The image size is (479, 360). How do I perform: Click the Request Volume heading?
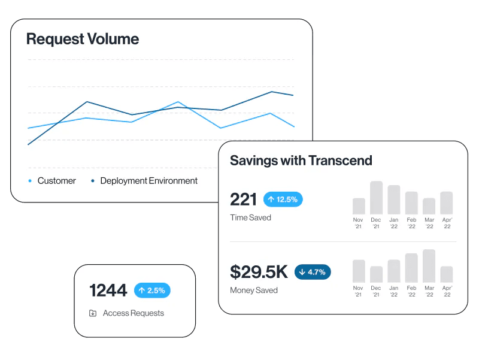click(83, 40)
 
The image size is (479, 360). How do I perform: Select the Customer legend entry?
click(56, 181)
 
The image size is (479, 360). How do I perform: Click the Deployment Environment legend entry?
click(148, 181)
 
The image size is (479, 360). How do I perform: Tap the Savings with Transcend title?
click(301, 161)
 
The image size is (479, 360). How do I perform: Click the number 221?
click(243, 199)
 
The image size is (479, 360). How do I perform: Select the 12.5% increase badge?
click(283, 199)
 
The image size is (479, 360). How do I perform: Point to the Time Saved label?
click(250, 217)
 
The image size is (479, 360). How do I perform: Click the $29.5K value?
click(259, 272)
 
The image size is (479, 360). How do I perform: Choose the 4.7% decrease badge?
click(313, 272)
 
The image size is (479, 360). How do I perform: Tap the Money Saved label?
click(254, 291)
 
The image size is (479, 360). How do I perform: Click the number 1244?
click(108, 291)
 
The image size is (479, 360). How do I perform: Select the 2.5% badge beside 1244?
click(152, 291)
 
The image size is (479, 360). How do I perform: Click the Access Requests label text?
click(133, 313)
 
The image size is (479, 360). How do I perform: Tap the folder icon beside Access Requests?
click(93, 313)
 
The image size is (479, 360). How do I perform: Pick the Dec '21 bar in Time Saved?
click(376, 198)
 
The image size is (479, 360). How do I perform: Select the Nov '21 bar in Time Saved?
click(359, 207)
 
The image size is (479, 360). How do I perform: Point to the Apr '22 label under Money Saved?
click(446, 292)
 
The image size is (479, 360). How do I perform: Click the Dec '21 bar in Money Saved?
click(376, 275)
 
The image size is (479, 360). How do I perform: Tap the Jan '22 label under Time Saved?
click(393, 223)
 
